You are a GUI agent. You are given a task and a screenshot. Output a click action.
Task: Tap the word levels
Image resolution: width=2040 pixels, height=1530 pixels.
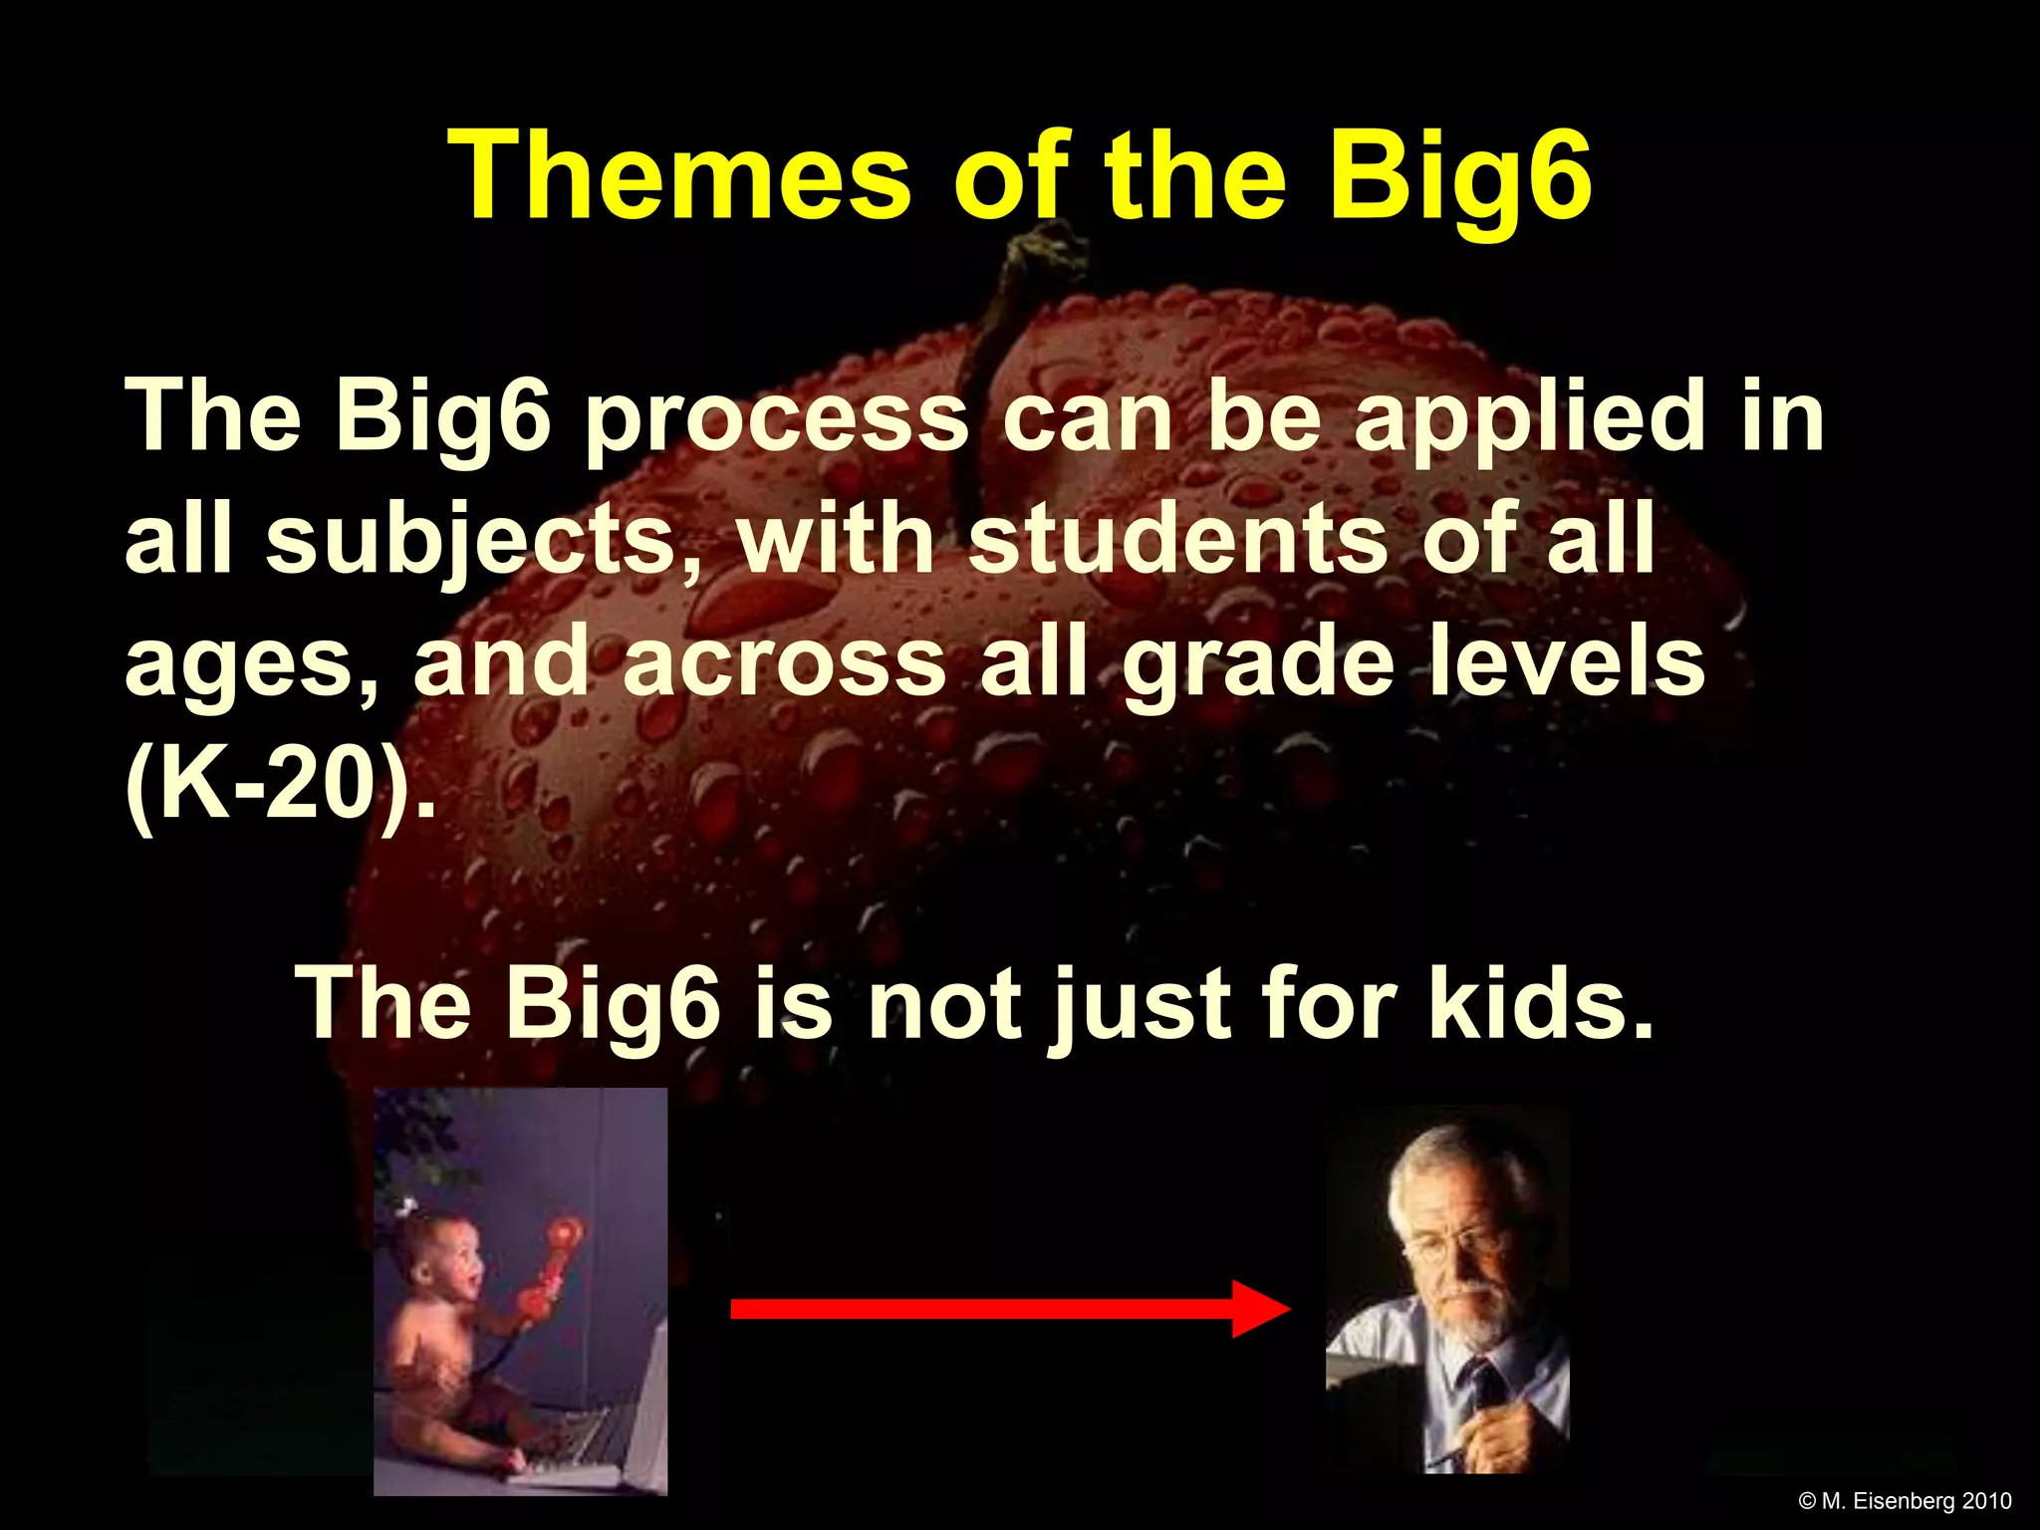pos(1567,662)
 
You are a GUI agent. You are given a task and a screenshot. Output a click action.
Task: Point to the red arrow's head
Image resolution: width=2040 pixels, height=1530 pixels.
pos(1260,1309)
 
